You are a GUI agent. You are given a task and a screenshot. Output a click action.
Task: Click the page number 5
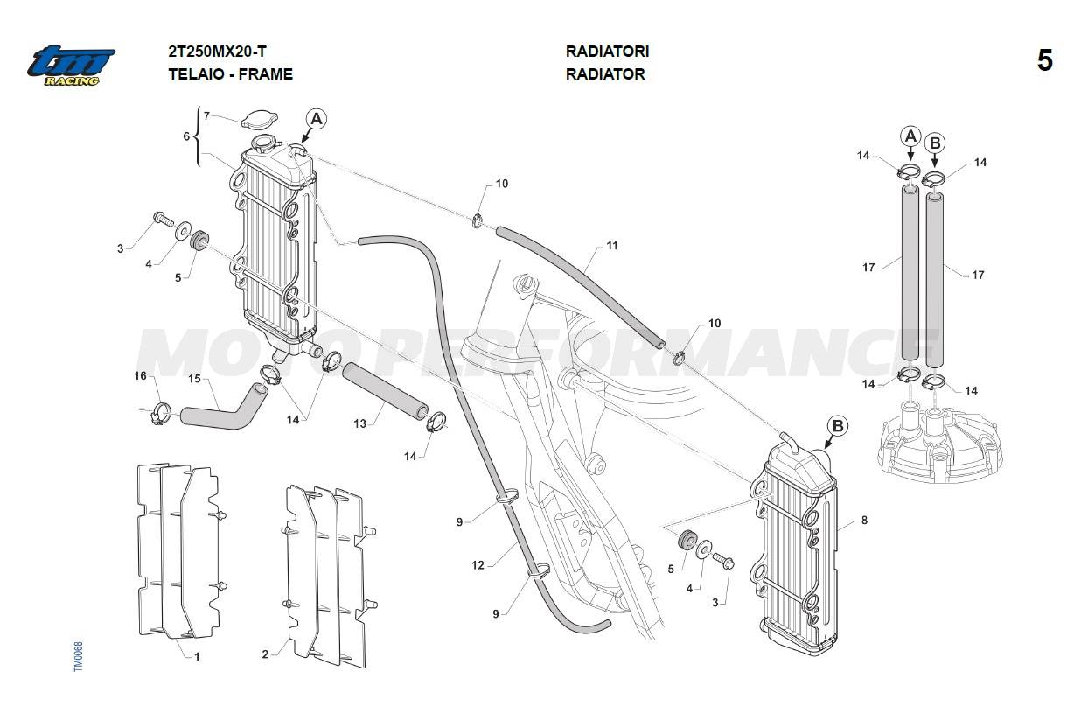(x=1044, y=61)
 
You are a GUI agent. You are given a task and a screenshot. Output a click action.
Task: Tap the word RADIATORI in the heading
(x=607, y=52)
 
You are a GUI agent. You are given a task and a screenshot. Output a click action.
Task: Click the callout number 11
(x=612, y=246)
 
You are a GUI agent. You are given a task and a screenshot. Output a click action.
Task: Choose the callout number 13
(x=359, y=423)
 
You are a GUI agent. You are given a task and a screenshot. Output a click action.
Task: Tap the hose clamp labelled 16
(x=160, y=409)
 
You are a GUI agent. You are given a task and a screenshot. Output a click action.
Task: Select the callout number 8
(x=864, y=521)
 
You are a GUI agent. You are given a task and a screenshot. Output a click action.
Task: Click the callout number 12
(x=478, y=565)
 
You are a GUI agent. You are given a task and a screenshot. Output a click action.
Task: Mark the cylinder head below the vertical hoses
(x=940, y=442)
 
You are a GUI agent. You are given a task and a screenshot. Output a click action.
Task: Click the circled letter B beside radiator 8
(x=838, y=426)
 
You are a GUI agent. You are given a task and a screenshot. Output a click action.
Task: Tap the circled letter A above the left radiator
(x=316, y=119)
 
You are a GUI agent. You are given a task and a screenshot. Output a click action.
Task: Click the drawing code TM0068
(x=78, y=657)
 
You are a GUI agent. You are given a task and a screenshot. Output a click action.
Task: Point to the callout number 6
(x=185, y=136)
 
